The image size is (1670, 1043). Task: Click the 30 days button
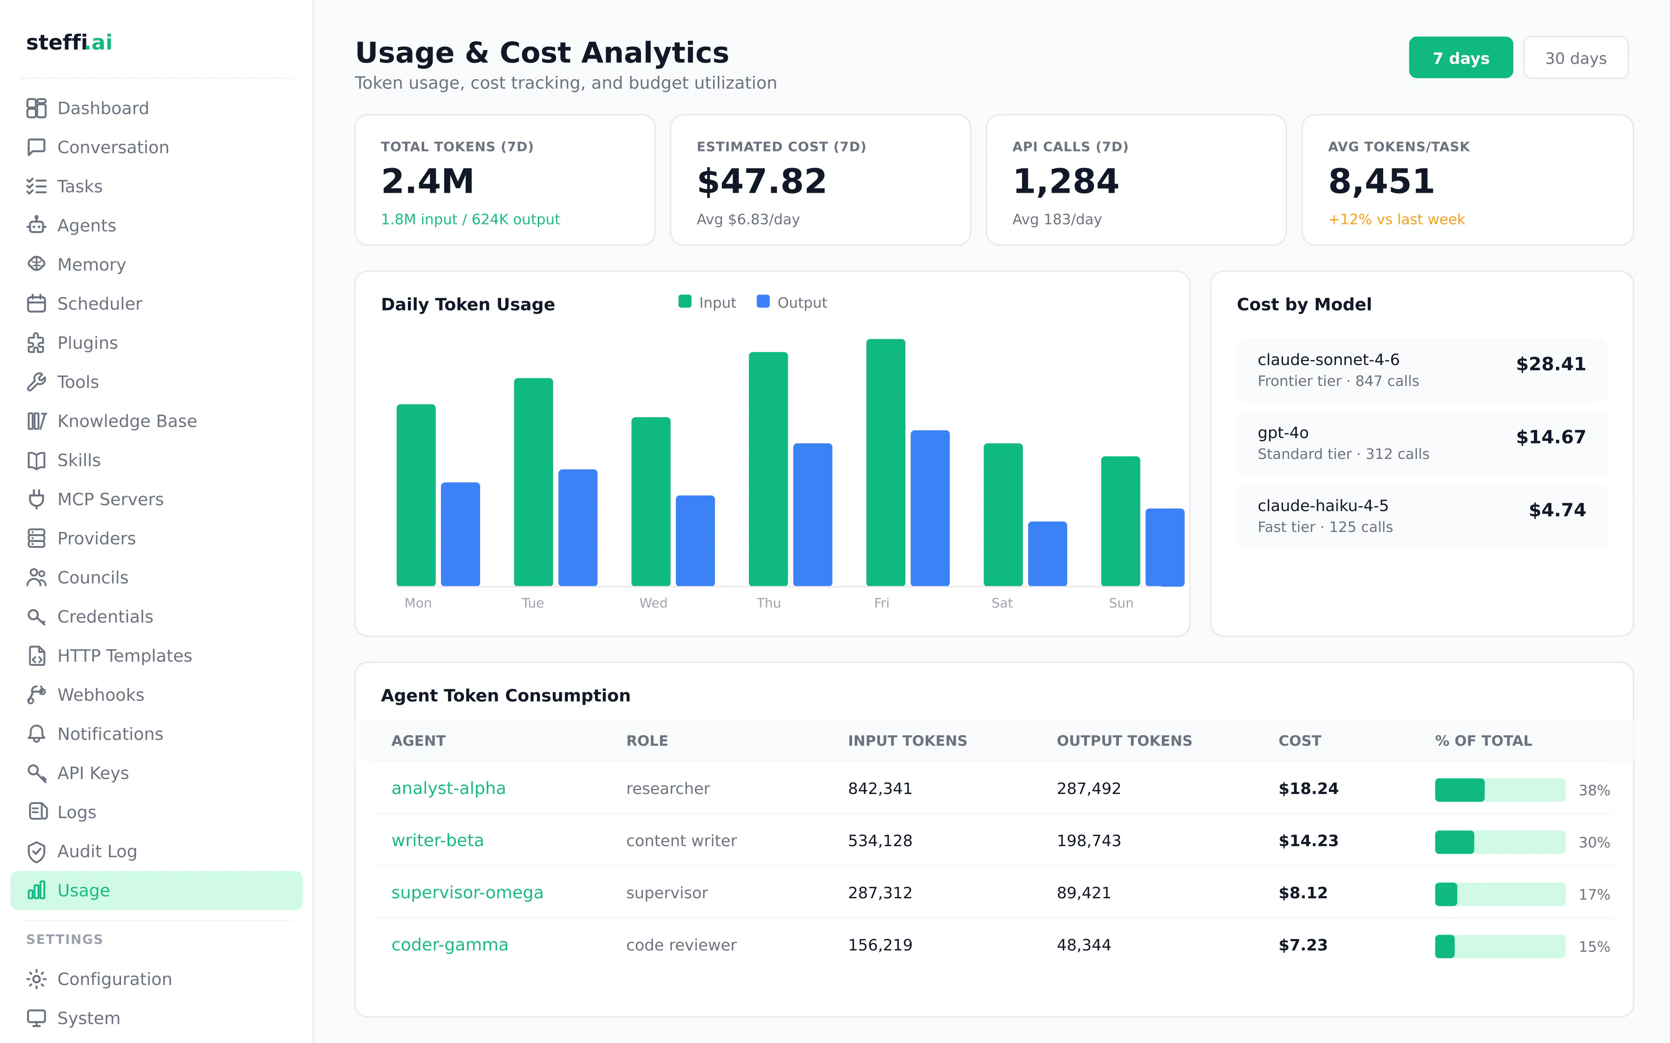point(1576,58)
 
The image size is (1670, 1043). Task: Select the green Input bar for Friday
point(886,462)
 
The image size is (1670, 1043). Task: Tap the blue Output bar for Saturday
point(1047,554)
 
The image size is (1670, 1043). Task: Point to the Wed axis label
point(653,603)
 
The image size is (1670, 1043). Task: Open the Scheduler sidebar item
point(99,304)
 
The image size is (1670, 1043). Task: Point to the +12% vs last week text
point(1396,219)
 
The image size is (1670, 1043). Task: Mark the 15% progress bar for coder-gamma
point(1500,946)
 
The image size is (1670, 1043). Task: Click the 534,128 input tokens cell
point(880,840)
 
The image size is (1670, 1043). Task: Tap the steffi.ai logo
point(69,42)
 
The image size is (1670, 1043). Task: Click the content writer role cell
point(681,840)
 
